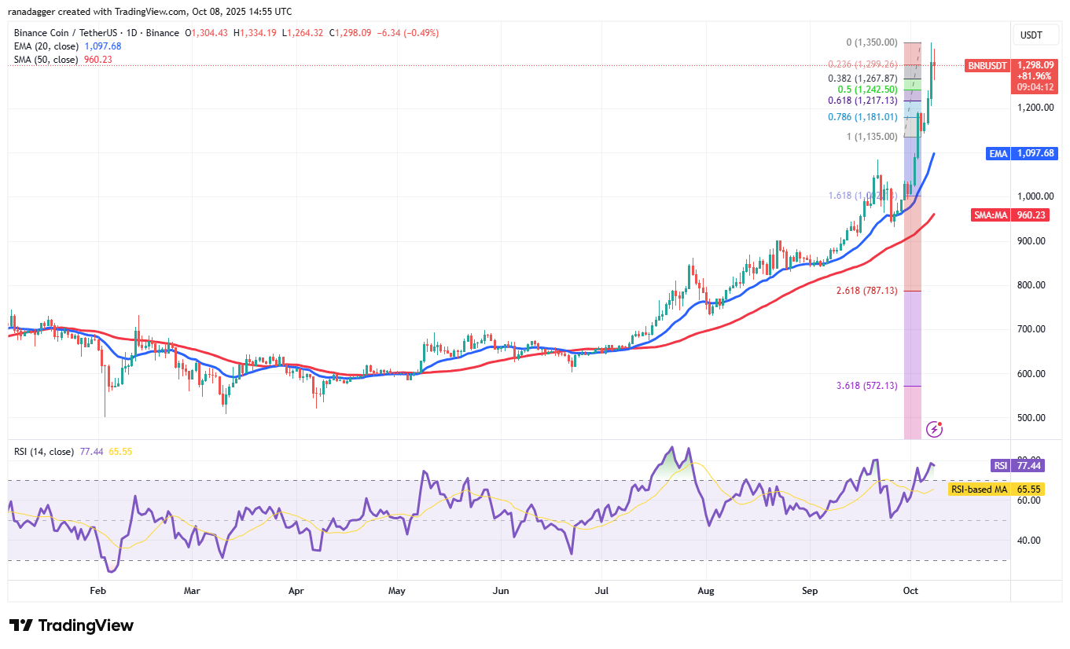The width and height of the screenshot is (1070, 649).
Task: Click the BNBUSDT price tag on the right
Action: pos(986,66)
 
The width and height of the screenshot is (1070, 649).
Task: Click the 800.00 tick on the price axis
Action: pos(1031,285)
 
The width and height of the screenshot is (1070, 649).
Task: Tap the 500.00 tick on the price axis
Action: pos(1031,418)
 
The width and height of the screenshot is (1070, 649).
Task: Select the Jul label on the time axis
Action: pos(603,590)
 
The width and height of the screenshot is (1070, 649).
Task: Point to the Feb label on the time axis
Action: pos(97,590)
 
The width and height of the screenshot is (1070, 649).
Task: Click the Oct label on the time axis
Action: pos(911,590)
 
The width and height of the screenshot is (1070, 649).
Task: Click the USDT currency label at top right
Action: pos(1031,35)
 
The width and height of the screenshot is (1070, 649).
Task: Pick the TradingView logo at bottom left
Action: pos(72,625)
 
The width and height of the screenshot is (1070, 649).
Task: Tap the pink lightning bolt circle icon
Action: pos(935,429)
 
